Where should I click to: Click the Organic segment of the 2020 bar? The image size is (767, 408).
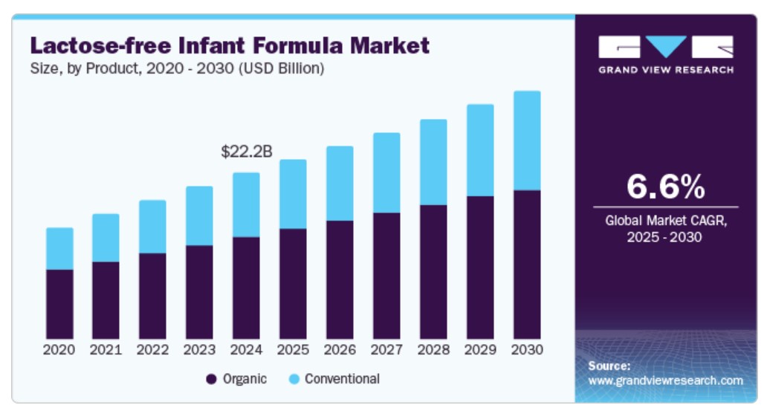(x=59, y=304)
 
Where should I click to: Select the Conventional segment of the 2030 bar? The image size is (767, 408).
(x=526, y=140)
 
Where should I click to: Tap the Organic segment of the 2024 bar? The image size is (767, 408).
(x=246, y=288)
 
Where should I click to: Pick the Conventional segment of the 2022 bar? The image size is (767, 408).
(x=152, y=227)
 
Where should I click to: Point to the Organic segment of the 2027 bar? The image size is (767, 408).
(x=386, y=276)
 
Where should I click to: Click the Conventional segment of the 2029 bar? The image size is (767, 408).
(x=479, y=150)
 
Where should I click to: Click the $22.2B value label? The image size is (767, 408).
(x=247, y=152)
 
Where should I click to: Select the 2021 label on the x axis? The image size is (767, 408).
(x=106, y=349)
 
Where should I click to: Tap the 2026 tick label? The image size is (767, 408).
(x=340, y=349)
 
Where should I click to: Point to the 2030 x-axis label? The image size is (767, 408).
(x=527, y=349)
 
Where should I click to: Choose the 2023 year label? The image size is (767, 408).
(x=199, y=349)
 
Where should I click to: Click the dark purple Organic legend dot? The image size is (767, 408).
(x=211, y=379)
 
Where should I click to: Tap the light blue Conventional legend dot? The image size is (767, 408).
(x=294, y=379)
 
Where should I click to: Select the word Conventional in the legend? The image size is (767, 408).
(x=342, y=379)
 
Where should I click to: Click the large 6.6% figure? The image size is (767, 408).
(x=665, y=187)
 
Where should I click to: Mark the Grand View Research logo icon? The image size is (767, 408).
(x=665, y=47)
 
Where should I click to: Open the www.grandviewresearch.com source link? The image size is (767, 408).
(x=665, y=381)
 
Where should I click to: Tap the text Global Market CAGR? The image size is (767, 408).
(x=665, y=221)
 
